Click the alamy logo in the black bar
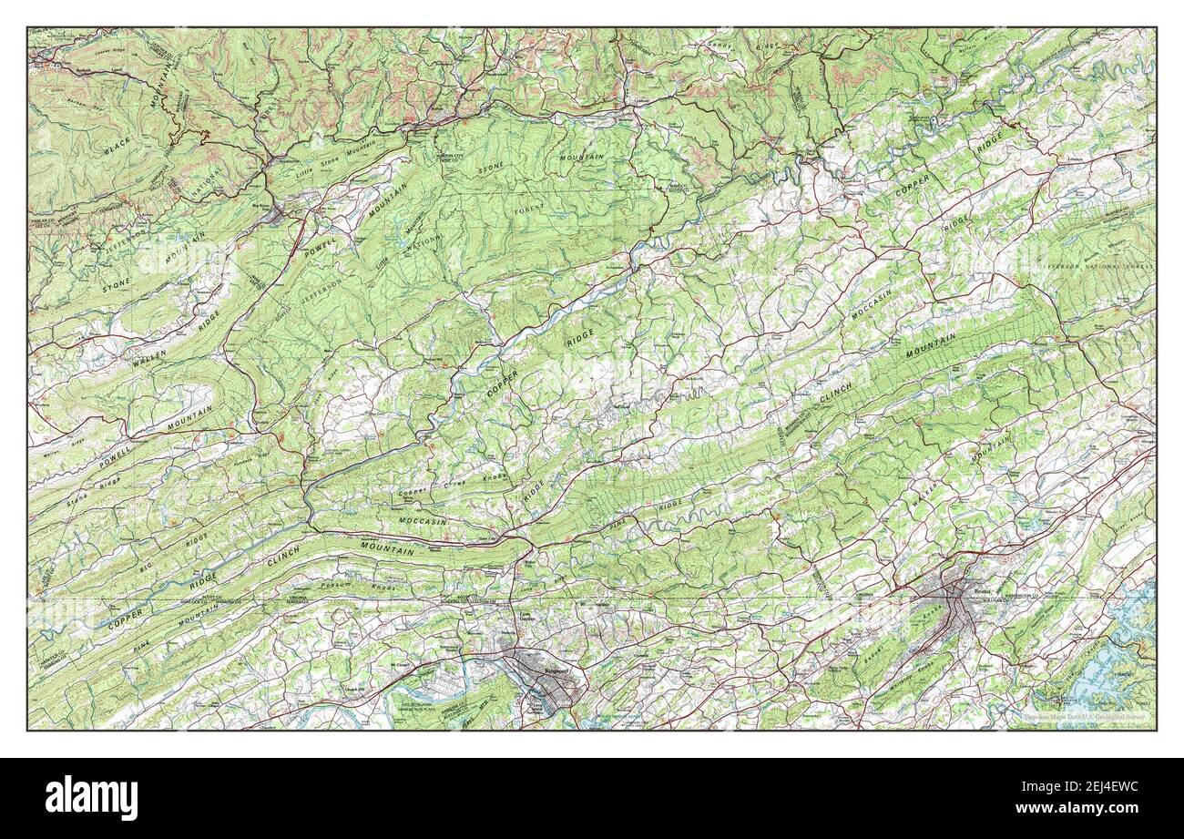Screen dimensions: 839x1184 click(x=91, y=797)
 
